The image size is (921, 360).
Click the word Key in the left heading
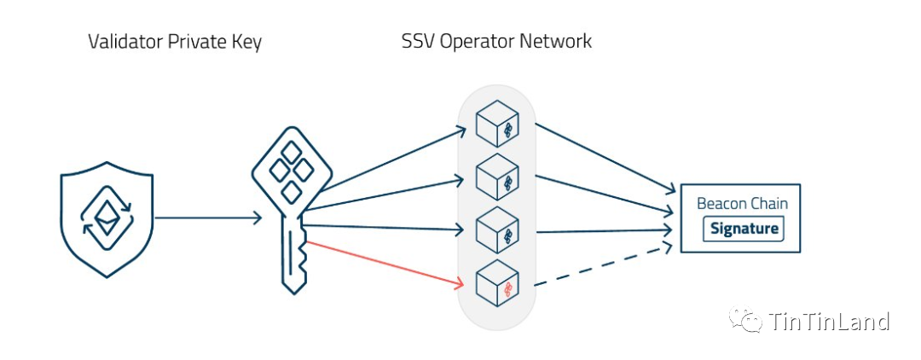[x=245, y=42]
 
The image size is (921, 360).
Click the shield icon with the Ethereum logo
[x=107, y=220]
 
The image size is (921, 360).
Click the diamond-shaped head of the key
[x=290, y=176]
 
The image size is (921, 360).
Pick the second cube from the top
[x=495, y=177]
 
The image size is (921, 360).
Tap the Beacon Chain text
[x=742, y=203]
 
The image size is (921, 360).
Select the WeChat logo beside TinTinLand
[x=743, y=321]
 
